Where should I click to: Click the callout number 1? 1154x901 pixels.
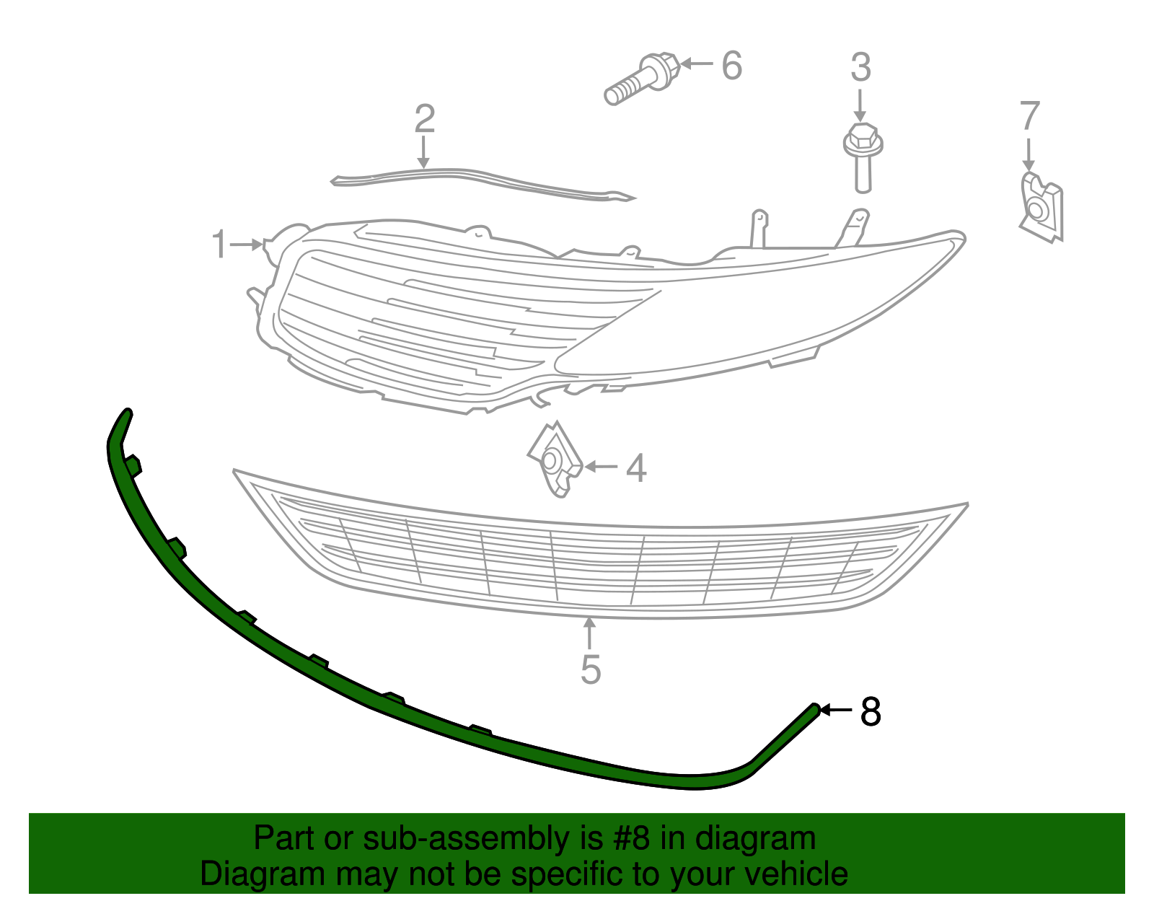click(x=219, y=245)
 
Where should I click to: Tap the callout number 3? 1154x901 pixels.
click(x=861, y=67)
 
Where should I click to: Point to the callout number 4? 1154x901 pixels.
click(x=635, y=468)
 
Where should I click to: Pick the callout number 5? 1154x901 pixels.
click(x=591, y=669)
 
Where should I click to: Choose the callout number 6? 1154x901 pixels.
click(x=732, y=66)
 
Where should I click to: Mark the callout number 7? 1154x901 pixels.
click(x=1030, y=115)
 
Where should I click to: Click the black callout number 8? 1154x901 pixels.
click(x=871, y=711)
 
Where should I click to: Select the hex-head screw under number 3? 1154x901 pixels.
click(x=863, y=158)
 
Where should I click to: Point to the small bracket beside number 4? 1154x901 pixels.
click(x=555, y=460)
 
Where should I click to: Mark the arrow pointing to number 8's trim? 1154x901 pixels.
click(x=836, y=709)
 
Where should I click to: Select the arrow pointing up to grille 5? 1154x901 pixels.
click(x=589, y=633)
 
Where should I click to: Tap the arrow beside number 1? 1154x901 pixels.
click(x=247, y=245)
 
